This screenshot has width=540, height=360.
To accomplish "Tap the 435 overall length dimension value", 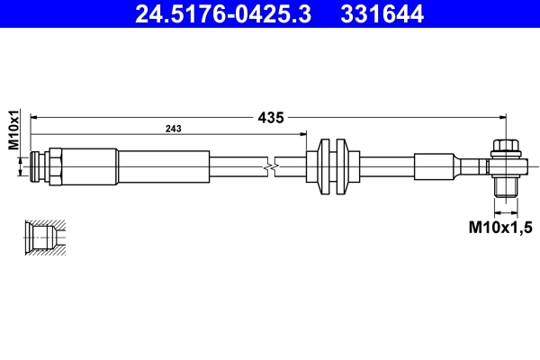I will coord(271,117).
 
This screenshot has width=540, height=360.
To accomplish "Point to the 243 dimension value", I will coord(174,130).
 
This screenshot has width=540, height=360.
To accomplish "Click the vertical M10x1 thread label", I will coord(14,129).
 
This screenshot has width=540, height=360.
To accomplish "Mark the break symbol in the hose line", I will coord(269,166).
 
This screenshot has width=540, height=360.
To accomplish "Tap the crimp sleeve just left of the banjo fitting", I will coord(436,166).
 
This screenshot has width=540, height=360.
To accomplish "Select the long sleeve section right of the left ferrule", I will coord(163,166).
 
